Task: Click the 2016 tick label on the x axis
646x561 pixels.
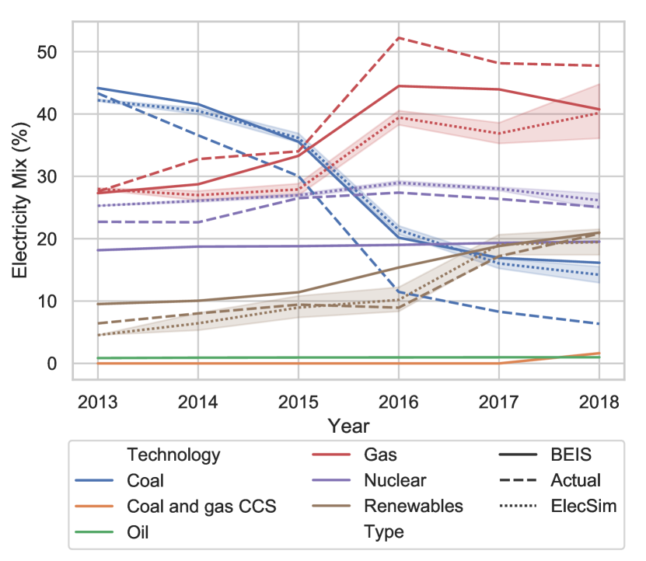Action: (x=398, y=402)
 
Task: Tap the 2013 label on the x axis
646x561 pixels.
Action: (x=97, y=402)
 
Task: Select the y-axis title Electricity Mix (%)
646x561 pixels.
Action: (x=21, y=201)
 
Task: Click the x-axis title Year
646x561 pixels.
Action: (x=347, y=426)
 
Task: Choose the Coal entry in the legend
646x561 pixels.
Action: (x=145, y=481)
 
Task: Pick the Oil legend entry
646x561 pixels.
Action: (x=138, y=531)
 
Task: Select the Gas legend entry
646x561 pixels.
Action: (x=381, y=455)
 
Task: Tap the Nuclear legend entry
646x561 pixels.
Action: (x=395, y=481)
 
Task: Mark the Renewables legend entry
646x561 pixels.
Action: (x=414, y=506)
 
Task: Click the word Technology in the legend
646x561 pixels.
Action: (x=173, y=455)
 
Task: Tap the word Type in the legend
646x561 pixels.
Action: (x=383, y=531)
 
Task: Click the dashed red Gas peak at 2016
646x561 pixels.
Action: (x=398, y=37)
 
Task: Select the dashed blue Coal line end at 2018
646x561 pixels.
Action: (x=598, y=324)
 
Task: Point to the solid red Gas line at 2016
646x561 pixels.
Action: (x=398, y=86)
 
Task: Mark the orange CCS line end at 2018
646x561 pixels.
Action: (x=598, y=353)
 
